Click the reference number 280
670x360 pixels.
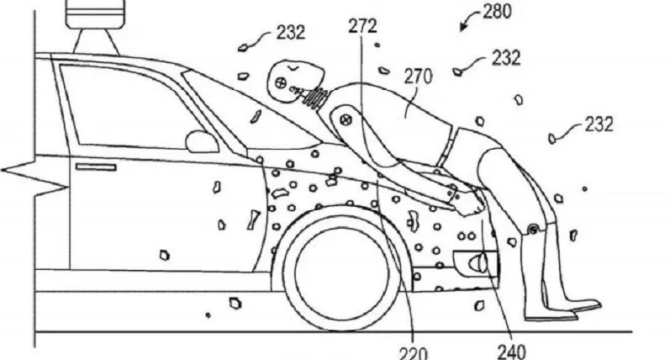coord(497,12)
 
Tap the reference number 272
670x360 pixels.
coord(363,27)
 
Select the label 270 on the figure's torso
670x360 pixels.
coord(419,77)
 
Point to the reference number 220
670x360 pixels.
coord(414,353)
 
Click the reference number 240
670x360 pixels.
coord(511,352)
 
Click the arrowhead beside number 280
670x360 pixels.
coord(462,28)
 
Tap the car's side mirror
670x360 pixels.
coord(202,141)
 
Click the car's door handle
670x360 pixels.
coord(96,167)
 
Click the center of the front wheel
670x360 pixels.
coord(341,269)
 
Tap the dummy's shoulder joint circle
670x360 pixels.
coord(346,120)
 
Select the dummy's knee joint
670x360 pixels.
coord(533,230)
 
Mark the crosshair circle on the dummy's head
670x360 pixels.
coord(281,82)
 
